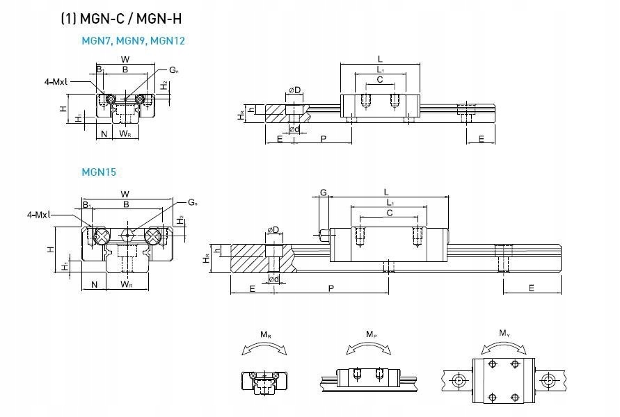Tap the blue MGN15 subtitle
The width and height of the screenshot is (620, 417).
click(x=99, y=170)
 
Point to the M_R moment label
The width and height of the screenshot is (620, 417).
click(x=266, y=335)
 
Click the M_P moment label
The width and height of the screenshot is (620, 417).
click(x=374, y=335)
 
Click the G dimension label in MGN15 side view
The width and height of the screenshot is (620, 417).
click(x=323, y=192)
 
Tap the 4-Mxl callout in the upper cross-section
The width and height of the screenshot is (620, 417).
click(x=56, y=81)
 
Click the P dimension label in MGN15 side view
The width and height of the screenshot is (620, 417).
click(x=331, y=287)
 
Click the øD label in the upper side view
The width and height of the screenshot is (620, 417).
click(x=294, y=90)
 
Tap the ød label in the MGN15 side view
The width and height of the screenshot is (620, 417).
click(x=274, y=279)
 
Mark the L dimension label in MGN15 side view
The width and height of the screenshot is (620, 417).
click(x=385, y=191)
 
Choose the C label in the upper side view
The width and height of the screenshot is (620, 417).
click(x=379, y=80)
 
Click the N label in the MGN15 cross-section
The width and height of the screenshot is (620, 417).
click(x=93, y=284)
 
